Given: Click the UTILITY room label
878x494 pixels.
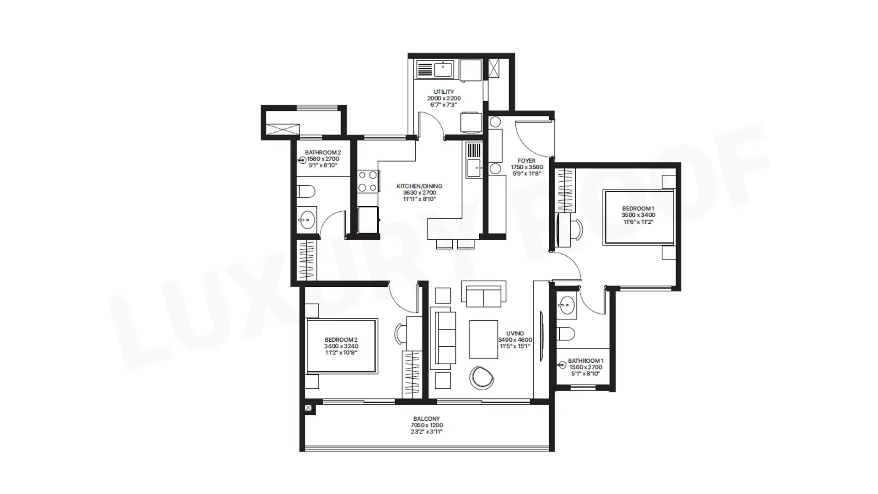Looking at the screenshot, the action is pos(444,92).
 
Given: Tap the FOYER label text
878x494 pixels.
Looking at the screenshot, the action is pos(526,161).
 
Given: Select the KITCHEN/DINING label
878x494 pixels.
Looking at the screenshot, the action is pos(419,186).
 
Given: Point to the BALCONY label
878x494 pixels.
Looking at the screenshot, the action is pos(426,419).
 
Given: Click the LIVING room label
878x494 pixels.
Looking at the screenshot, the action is pos(515,333).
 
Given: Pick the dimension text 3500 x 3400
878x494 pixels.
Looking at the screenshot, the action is pos(638,215).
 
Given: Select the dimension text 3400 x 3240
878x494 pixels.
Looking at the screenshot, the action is pos(341,346).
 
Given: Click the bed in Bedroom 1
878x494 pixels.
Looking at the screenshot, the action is pos(639,217).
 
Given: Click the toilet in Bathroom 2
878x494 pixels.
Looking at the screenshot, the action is pos(305,191).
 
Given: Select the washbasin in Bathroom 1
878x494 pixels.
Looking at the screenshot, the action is pos(566,304).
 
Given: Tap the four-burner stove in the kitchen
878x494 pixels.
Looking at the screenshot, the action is pos(368,181).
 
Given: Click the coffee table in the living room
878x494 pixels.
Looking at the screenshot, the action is pos(483,339).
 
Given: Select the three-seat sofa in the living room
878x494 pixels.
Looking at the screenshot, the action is pos(444,341).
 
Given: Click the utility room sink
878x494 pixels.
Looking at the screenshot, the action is pos(443,70).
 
